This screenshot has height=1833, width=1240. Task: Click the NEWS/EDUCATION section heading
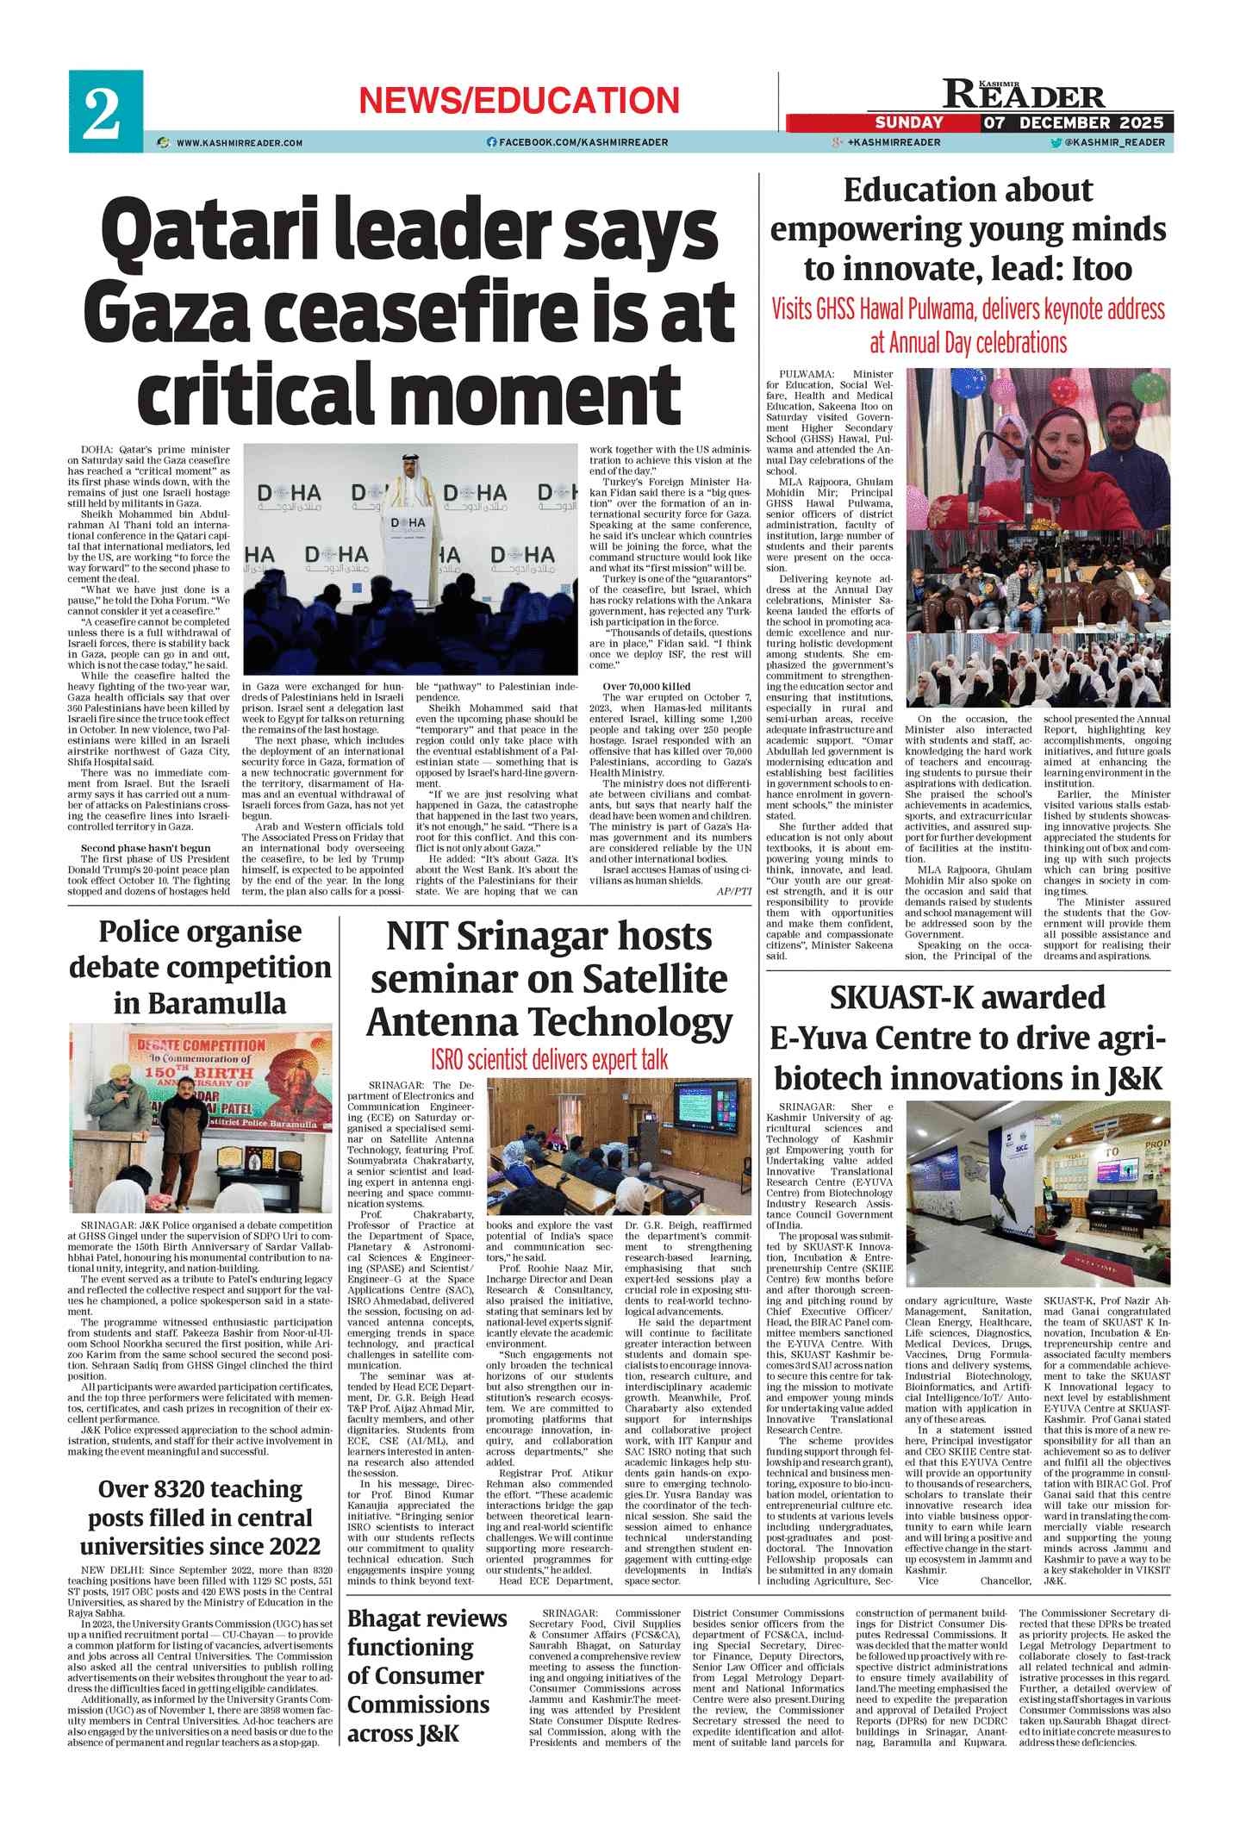[519, 101]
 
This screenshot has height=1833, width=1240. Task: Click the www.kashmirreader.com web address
[240, 142]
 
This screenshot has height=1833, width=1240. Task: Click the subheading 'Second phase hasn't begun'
[146, 848]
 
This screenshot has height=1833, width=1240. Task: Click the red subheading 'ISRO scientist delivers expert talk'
[549, 1060]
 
